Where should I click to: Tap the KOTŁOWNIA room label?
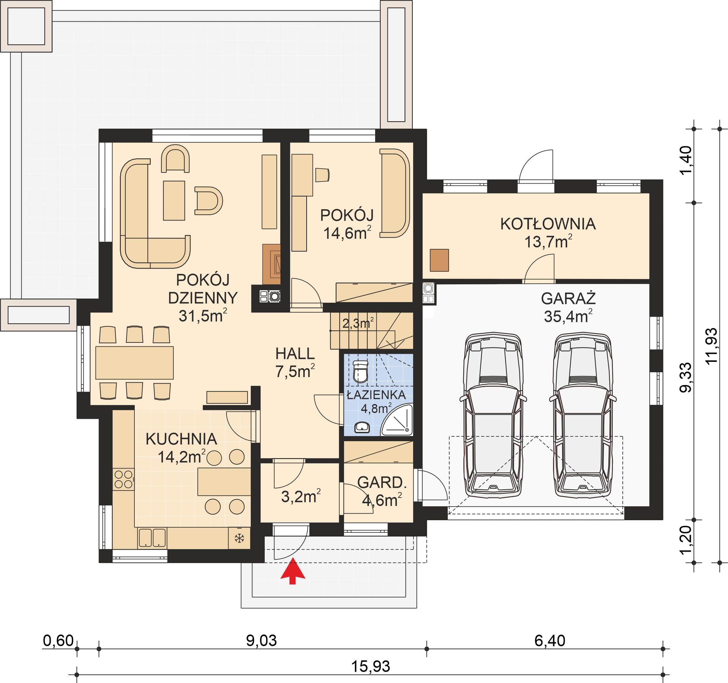pos(548,224)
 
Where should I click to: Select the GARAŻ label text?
pos(568,299)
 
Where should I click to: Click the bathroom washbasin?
pos(362,427)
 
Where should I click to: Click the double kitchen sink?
pos(152,538)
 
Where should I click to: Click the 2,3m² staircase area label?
pos(358,323)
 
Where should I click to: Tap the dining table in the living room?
pos(134,362)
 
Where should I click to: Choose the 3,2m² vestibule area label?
pos(301,496)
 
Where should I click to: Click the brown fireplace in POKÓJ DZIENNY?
pos(271,264)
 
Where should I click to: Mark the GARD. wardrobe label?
pos(382,482)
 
